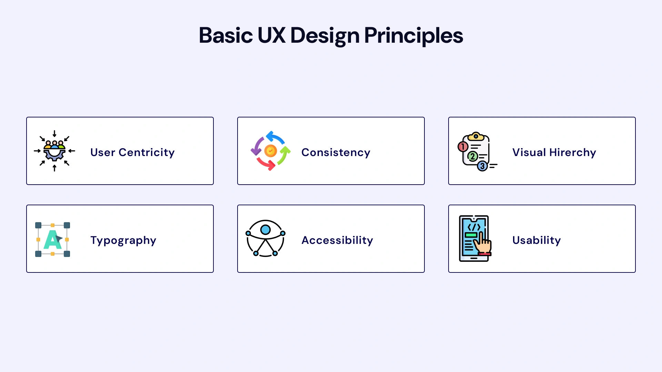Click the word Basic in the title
(x=226, y=35)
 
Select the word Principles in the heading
(x=413, y=35)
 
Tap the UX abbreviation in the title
(x=271, y=35)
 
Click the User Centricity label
(x=132, y=152)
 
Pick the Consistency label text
(x=336, y=152)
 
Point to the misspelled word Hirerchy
(x=573, y=152)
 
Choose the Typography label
(x=123, y=240)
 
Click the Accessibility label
(x=337, y=240)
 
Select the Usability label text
(x=536, y=240)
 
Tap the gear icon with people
(x=54, y=152)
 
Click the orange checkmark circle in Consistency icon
(x=271, y=151)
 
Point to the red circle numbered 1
(x=463, y=147)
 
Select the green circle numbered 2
(x=472, y=156)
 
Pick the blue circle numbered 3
(x=482, y=166)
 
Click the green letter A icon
(x=52, y=240)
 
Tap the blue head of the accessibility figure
(x=265, y=230)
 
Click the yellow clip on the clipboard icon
(x=476, y=136)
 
